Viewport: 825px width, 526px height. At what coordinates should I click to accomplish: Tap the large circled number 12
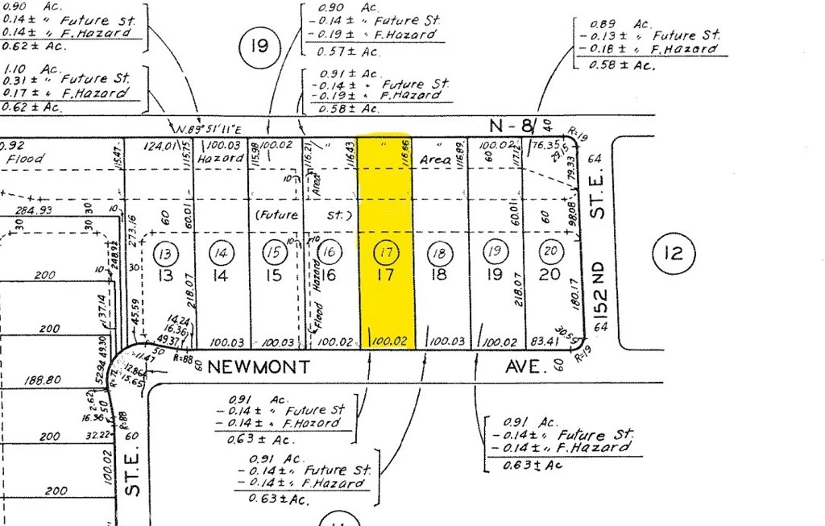pos(673,254)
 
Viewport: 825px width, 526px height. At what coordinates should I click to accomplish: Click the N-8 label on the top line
pos(512,125)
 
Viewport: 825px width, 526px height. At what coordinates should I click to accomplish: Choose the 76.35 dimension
pos(545,146)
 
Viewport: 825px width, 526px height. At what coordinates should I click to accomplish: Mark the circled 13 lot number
pos(165,254)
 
